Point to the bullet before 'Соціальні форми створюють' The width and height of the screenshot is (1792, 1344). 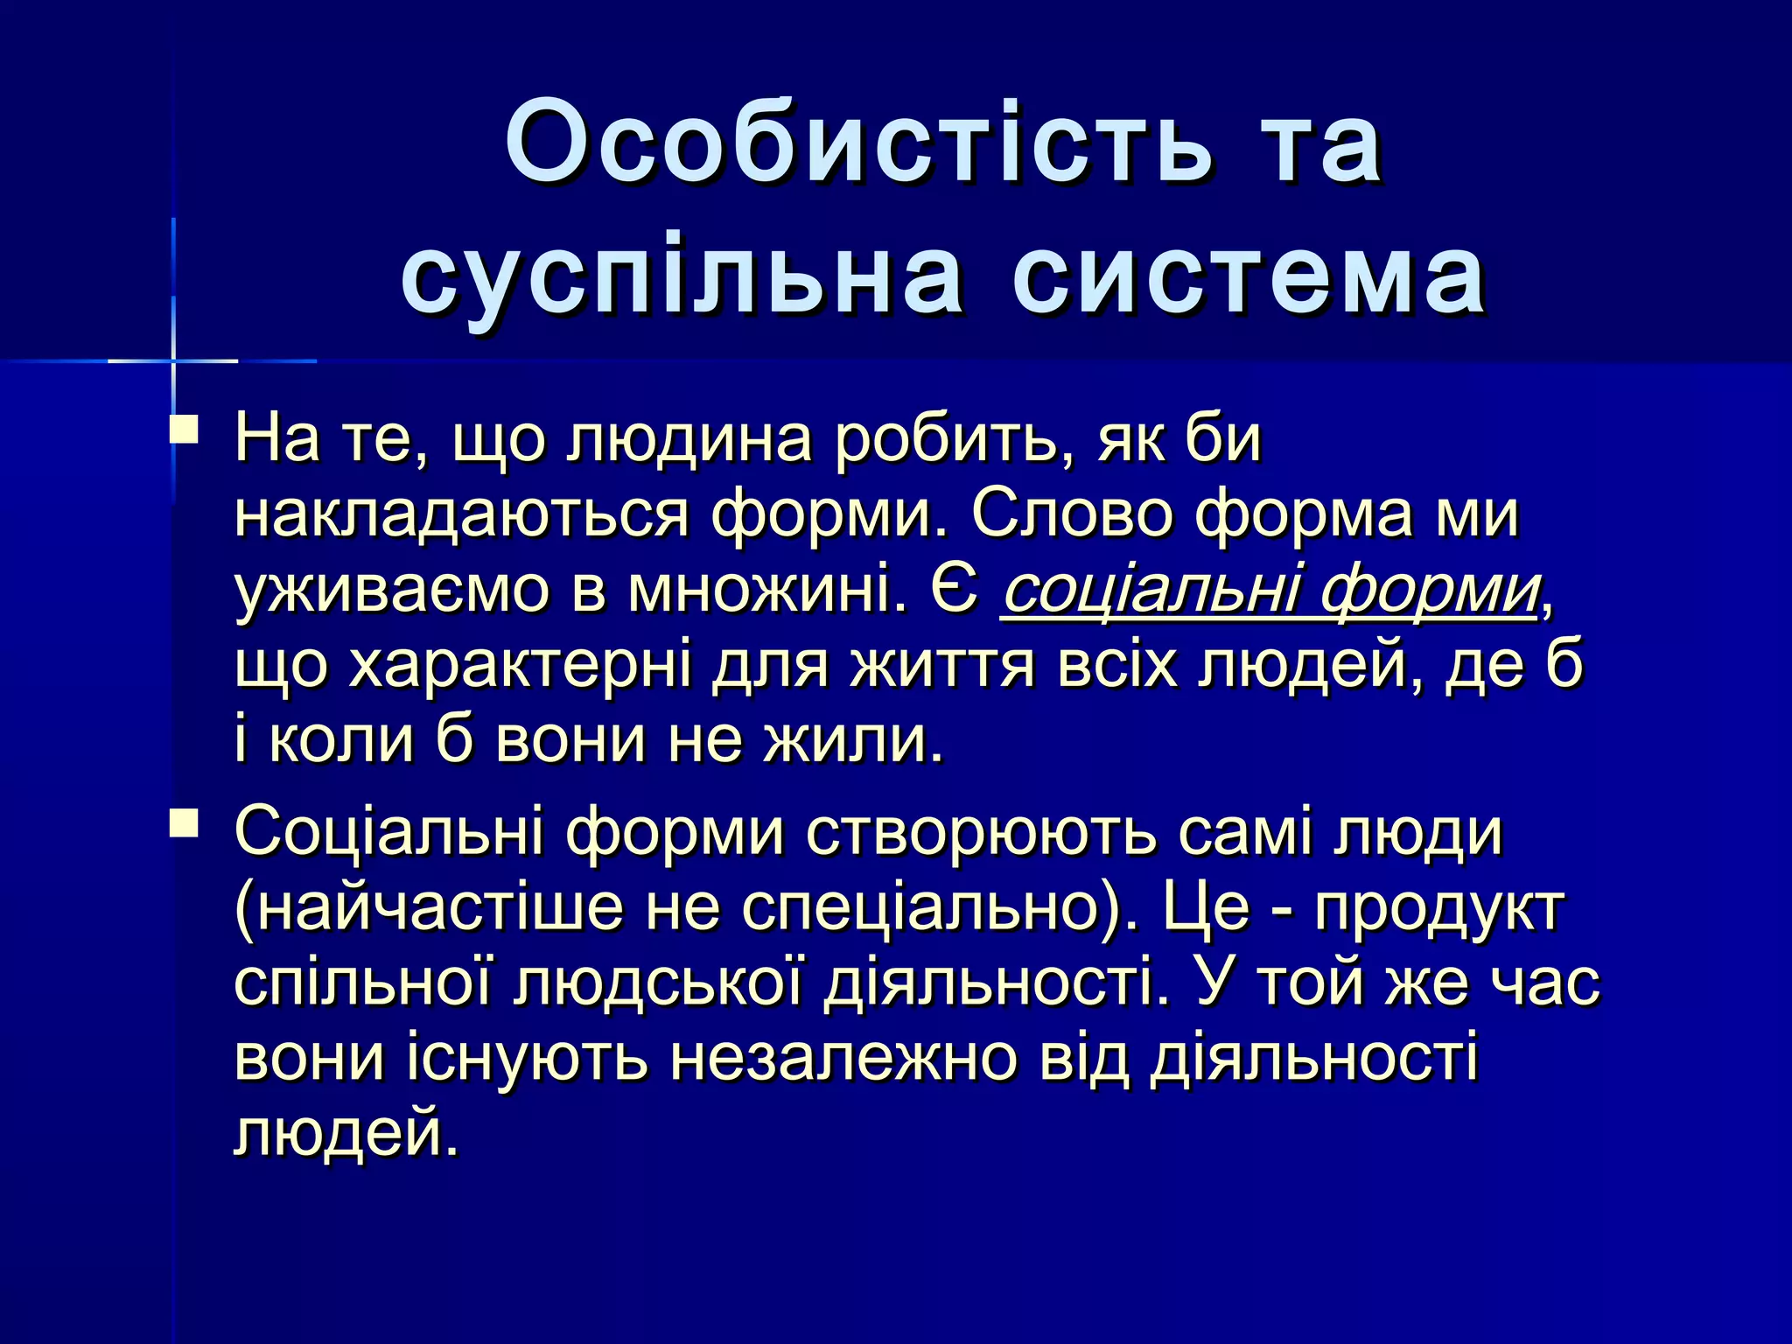coord(185,822)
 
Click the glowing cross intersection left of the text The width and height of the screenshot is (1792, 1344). coord(174,360)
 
